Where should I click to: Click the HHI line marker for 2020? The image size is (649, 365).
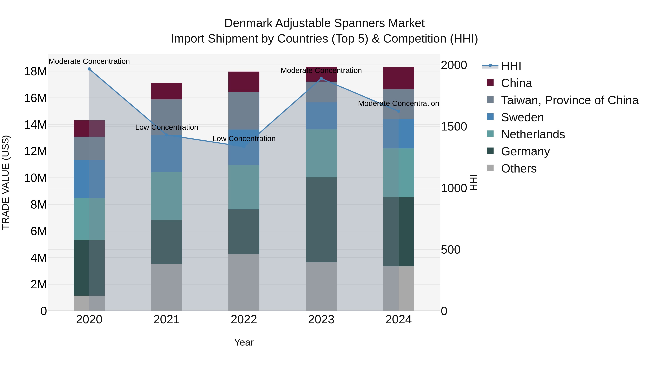pos(89,69)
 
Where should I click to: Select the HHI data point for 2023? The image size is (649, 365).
pos(321,79)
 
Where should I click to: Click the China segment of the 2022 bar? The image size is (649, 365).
pos(244,82)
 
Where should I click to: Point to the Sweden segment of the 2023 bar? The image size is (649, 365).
pos(321,116)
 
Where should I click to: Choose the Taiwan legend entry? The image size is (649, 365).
pos(569,100)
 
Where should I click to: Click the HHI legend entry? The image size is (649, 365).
pos(511,66)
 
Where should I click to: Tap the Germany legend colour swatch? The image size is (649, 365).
pos(490,151)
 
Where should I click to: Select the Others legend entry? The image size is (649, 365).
pos(518,169)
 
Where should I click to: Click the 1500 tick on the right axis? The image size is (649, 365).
pos(454,127)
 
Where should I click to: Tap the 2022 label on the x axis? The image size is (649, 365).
pos(244,320)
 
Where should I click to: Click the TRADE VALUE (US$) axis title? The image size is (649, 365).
pos(6,182)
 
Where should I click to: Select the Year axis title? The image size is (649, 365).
pos(244,342)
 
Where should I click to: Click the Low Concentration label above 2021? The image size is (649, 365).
pos(167,127)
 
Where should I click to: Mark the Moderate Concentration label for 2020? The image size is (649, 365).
pos(89,61)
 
